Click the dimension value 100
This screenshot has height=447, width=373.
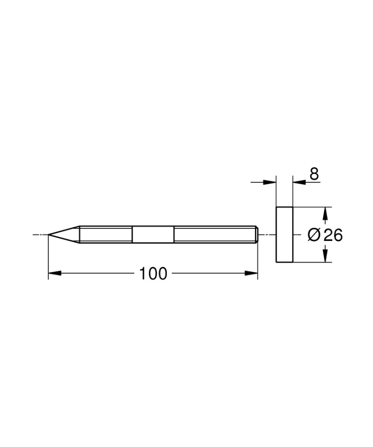click(x=153, y=274)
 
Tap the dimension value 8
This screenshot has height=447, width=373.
click(x=314, y=174)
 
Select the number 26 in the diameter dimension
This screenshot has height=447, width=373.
click(x=333, y=235)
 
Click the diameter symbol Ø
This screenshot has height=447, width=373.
click(x=314, y=235)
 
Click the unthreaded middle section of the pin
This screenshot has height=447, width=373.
click(x=153, y=234)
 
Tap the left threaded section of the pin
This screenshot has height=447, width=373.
click(x=105, y=234)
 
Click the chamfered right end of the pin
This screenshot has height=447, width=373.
click(x=257, y=234)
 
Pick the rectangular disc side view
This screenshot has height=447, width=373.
click(x=284, y=234)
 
